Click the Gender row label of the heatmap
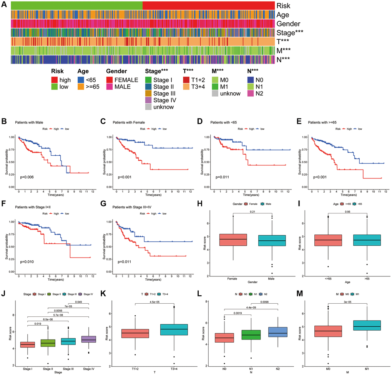click(x=288, y=24)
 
